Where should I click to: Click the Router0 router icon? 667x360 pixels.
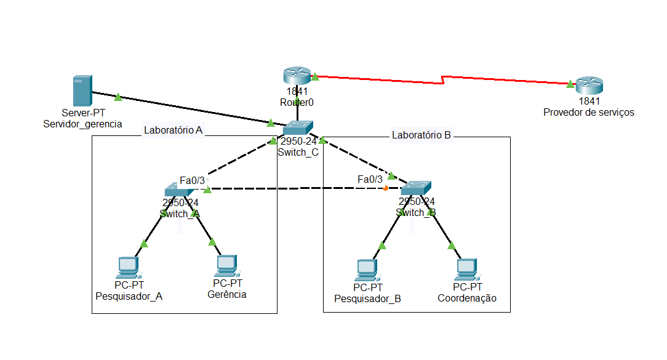[x=298, y=76]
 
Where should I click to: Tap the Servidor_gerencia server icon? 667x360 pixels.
[x=82, y=90]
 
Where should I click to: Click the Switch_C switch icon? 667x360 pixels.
[x=298, y=127]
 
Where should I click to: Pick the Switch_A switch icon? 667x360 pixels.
[x=180, y=190]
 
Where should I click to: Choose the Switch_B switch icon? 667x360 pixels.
[x=416, y=188]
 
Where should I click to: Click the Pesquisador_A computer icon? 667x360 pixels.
[x=129, y=267]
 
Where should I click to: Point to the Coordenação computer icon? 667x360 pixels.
[x=467, y=269]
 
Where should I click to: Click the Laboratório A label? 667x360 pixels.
[x=173, y=130]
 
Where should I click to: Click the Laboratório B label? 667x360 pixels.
[x=421, y=135]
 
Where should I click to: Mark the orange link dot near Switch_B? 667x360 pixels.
[x=386, y=188]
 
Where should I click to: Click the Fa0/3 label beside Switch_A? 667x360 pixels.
[x=192, y=180]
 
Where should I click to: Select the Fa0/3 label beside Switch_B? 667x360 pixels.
[x=370, y=179]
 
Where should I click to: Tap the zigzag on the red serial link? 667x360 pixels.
[x=443, y=80]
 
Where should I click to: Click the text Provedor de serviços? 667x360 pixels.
[x=588, y=112]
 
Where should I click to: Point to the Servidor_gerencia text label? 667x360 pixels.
[x=82, y=124]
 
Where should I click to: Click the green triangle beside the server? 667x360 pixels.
[x=118, y=97]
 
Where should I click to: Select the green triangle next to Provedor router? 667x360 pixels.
[x=570, y=84]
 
